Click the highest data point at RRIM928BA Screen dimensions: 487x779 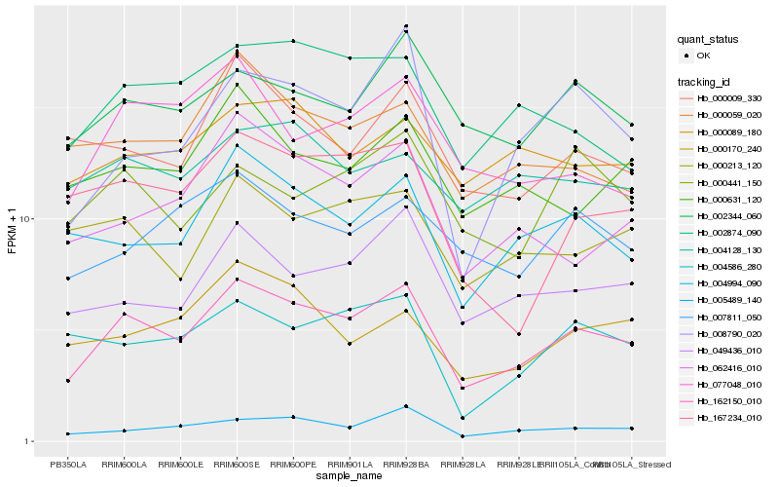pyautogui.click(x=406, y=26)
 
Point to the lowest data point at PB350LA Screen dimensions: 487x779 pyautogui.click(x=67, y=433)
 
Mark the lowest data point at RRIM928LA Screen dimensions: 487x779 pyautogui.click(x=463, y=436)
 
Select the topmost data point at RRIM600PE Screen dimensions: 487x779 pyautogui.click(x=293, y=41)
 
